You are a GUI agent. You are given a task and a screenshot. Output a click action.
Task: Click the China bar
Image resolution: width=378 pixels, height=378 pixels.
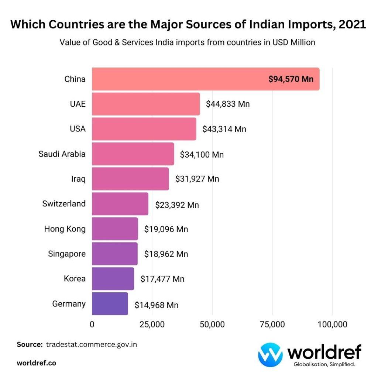pyautogui.click(x=205, y=79)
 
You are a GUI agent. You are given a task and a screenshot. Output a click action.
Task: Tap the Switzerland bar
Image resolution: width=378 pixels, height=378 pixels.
pyautogui.click(x=120, y=204)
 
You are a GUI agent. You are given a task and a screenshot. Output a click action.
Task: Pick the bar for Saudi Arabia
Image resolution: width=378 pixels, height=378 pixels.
pyautogui.click(x=133, y=154)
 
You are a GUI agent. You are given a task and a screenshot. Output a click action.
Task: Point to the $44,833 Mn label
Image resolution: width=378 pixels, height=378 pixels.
pyautogui.click(x=228, y=104)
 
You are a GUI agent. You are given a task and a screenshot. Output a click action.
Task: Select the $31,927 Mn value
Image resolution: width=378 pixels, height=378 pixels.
pyautogui.click(x=197, y=179)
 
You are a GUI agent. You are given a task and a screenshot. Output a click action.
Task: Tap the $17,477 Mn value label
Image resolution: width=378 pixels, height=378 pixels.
pyautogui.click(x=162, y=279)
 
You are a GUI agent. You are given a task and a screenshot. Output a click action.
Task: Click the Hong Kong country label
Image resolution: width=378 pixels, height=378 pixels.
pyautogui.click(x=65, y=229)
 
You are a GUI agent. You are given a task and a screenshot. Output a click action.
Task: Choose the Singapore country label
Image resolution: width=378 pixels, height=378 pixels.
pyautogui.click(x=67, y=254)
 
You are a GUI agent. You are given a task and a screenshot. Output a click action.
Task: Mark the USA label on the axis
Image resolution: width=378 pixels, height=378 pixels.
pyautogui.click(x=78, y=129)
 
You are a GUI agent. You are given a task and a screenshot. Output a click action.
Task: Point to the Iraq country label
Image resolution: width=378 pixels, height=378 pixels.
pyautogui.click(x=78, y=179)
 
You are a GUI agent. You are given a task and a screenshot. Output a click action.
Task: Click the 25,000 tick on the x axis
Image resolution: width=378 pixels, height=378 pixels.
pyautogui.click(x=152, y=324)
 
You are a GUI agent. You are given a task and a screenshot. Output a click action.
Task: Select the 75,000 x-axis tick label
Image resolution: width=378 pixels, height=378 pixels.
pyautogui.click(x=272, y=324)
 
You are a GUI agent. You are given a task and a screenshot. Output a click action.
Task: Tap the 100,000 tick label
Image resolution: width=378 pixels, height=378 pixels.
pyautogui.click(x=332, y=324)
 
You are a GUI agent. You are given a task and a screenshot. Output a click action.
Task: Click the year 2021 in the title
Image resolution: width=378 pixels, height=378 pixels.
pyautogui.click(x=353, y=25)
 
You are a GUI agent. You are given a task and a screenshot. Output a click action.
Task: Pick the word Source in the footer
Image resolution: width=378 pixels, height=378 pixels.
pyautogui.click(x=30, y=344)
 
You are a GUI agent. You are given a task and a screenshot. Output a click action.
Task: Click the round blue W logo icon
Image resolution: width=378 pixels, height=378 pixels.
pyautogui.click(x=270, y=355)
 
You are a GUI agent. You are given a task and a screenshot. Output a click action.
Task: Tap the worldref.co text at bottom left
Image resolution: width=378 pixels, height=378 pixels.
pyautogui.click(x=37, y=363)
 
